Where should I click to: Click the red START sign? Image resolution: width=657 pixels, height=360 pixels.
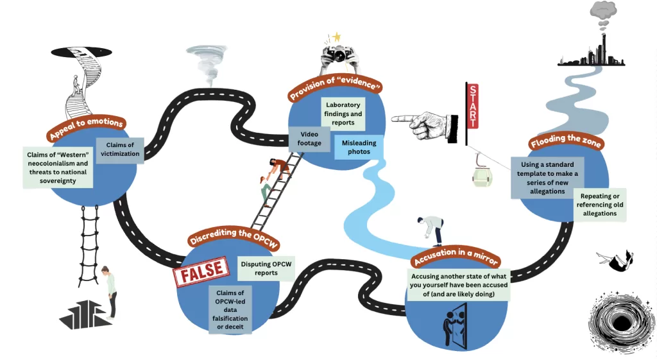[x=472, y=106]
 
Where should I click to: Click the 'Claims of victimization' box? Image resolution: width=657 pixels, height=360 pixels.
[x=120, y=150]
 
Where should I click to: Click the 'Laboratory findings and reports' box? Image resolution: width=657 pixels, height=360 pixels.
[x=343, y=114]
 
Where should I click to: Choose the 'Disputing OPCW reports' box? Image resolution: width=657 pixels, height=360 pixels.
[x=266, y=268]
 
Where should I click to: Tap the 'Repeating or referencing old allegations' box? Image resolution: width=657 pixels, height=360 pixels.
[x=599, y=205]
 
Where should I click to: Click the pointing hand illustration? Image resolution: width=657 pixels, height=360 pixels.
[x=424, y=121]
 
